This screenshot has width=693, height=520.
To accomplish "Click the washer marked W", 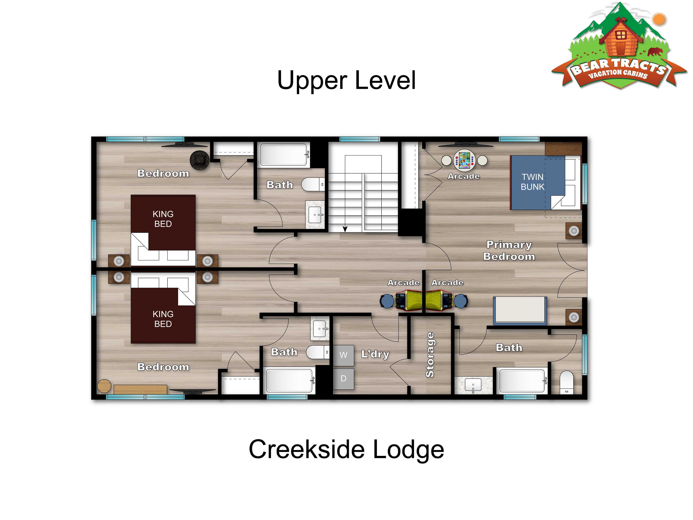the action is tap(343, 355).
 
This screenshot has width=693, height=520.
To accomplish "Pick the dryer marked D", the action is tap(343, 379).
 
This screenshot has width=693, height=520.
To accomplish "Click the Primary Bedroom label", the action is tap(509, 250).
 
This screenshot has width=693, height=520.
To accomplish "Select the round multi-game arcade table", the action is tap(464, 160).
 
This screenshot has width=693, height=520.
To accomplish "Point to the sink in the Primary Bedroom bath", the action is tap(473, 385).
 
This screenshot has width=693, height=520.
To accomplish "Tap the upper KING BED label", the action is tap(163, 219).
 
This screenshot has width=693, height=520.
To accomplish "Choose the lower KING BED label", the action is tap(163, 319).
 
